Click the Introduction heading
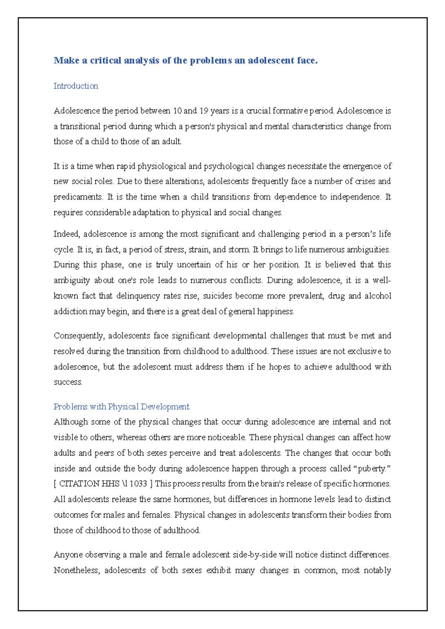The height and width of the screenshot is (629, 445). [76, 86]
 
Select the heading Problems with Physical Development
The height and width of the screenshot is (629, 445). [121, 406]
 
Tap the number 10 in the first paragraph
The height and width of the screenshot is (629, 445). [177, 111]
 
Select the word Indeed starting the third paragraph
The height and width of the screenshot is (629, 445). [67, 234]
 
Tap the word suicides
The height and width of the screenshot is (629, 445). [217, 296]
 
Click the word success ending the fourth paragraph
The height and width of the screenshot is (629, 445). [67, 382]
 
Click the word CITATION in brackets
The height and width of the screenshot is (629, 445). [79, 484]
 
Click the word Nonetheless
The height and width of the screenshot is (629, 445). [77, 570]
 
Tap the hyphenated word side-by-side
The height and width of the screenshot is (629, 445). [255, 555]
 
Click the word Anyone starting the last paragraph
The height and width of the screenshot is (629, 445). [68, 555]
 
